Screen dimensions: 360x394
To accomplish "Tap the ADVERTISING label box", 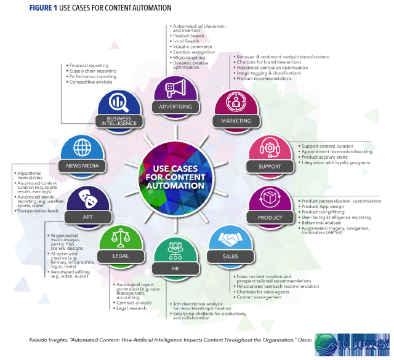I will point(176,106).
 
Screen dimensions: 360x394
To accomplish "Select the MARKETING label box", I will point(236,121).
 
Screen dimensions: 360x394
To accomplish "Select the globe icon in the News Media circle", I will point(82,148).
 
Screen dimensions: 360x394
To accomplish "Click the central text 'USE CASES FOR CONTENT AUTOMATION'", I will point(175,175).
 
